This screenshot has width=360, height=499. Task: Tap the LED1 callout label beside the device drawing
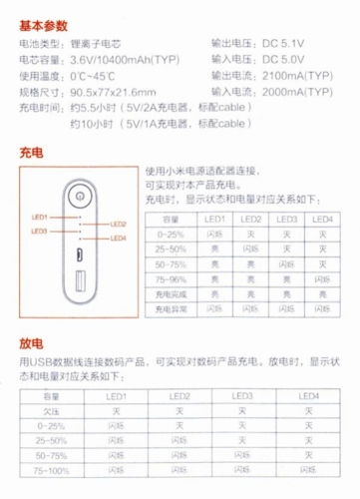[x=40, y=218]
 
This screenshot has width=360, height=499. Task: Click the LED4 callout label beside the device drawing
[x=118, y=238]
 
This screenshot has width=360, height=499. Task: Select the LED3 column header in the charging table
[x=286, y=220]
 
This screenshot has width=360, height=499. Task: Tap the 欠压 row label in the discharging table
[x=51, y=410]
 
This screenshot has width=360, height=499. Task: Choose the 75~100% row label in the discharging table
[x=51, y=468]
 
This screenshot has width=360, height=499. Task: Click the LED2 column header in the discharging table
[x=180, y=396]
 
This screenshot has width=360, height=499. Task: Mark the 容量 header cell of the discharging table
[x=51, y=396]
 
